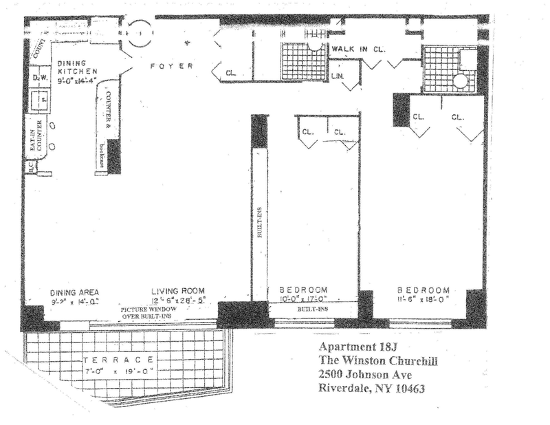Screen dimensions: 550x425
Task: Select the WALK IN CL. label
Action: coord(358,50)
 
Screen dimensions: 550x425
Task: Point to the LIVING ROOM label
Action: coord(179,290)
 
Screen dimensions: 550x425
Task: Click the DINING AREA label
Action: coord(78,290)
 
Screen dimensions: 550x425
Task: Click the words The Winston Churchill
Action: coord(379,361)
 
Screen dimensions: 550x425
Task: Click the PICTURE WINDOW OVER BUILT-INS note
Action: coord(150,313)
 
